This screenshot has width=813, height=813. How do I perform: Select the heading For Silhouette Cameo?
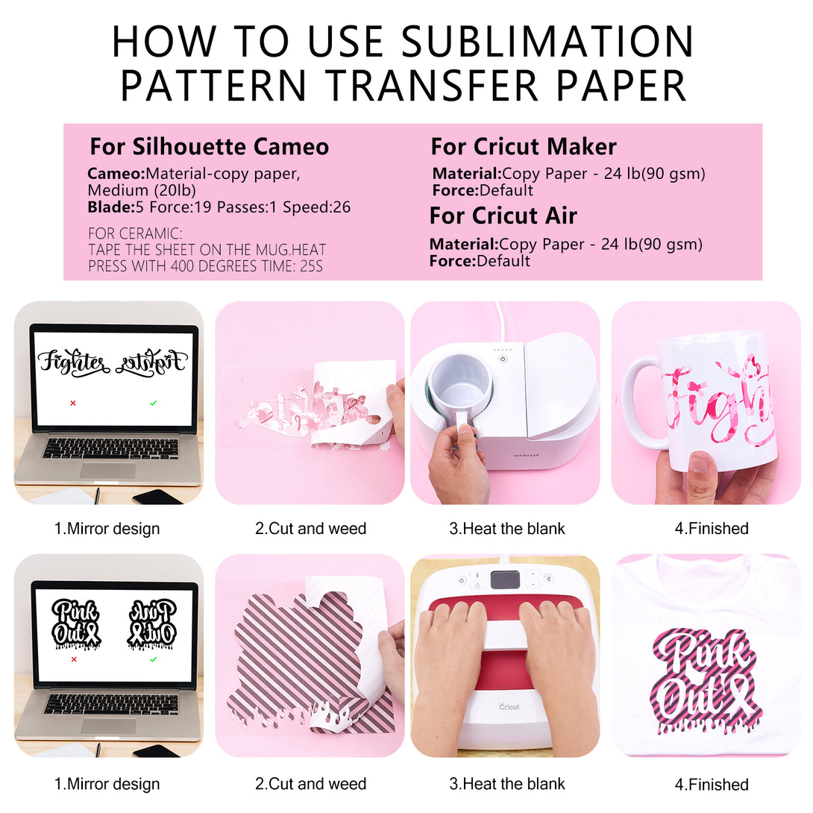pos(210,147)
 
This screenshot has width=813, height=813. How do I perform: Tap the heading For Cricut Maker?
pos(524,147)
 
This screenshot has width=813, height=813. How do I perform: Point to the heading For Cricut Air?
pos(503,216)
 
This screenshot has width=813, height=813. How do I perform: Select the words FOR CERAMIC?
pos(135,233)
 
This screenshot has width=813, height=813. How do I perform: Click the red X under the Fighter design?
pos(73,403)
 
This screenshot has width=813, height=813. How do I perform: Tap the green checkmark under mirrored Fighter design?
pos(153,403)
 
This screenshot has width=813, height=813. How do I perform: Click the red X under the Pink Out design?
pos(74,659)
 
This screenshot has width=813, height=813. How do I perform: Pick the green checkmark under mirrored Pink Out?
pos(153,659)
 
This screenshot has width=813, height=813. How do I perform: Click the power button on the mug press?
pos(503,359)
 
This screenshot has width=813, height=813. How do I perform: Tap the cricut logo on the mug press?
pos(527,455)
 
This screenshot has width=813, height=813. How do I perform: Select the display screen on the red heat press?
pos(505,580)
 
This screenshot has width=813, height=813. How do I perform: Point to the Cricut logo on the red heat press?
pos(509,706)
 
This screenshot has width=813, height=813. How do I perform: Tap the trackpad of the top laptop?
pos(108,471)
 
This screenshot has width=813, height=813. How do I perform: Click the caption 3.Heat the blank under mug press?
pos(506,528)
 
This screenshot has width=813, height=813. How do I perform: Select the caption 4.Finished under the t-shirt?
pos(712,785)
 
